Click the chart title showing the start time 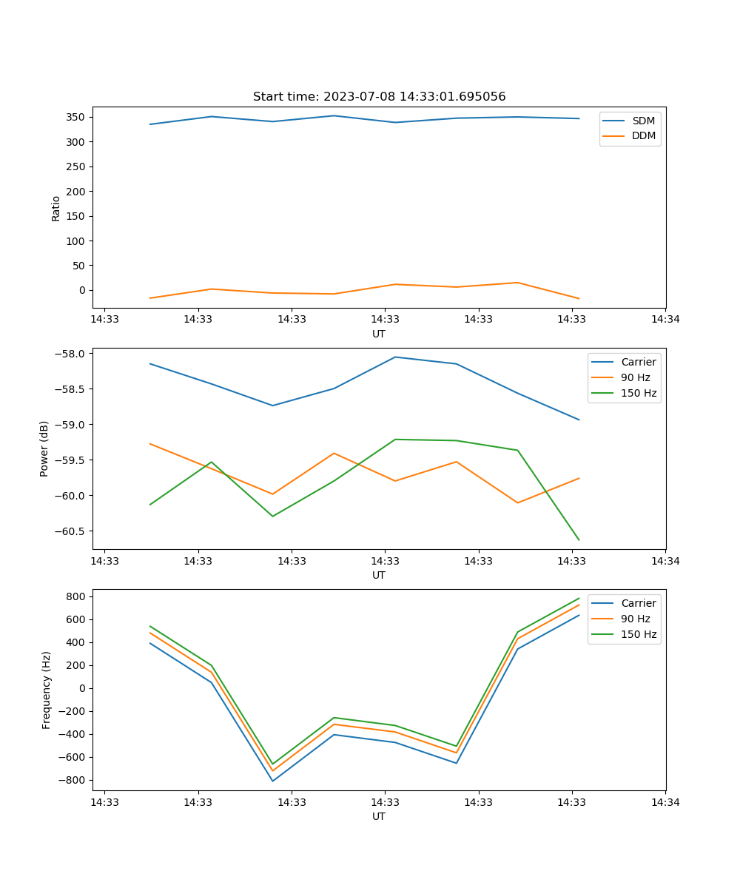379,97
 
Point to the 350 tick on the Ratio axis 77,117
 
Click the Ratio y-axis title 56,207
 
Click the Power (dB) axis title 44,448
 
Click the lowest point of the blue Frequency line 272,781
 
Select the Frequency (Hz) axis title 46,690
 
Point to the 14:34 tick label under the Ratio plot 665,319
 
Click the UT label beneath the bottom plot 379,816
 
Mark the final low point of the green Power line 579,540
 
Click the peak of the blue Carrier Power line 395,357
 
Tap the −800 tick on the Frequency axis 74,780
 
